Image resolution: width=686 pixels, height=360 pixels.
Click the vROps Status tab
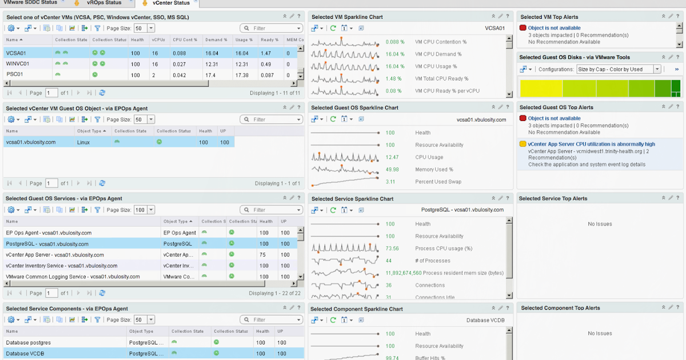click(x=103, y=3)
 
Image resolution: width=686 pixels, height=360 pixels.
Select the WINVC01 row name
click(x=18, y=64)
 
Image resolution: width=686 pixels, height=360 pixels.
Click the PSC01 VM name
click(x=15, y=75)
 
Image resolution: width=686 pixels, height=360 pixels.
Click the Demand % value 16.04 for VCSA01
click(x=212, y=53)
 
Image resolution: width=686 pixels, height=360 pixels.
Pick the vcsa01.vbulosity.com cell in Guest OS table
click(x=31, y=142)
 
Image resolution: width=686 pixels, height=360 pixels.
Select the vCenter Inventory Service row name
click(x=62, y=266)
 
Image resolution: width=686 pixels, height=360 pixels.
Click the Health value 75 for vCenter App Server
click(x=263, y=255)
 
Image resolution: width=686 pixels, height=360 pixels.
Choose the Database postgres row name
click(x=29, y=343)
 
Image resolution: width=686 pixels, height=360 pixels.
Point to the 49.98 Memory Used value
click(x=392, y=170)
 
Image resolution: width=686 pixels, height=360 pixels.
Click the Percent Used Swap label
click(x=438, y=182)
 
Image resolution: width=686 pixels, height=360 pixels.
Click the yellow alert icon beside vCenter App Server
click(x=523, y=144)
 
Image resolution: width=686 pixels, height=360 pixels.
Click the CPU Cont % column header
click(x=185, y=40)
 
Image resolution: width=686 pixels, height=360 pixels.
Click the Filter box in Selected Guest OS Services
click(x=272, y=210)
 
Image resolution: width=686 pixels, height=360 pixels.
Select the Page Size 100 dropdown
click(x=144, y=210)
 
